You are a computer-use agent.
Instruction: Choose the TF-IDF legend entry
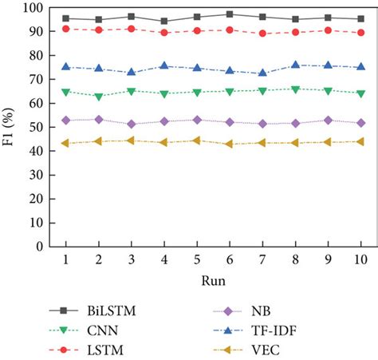pyautogui.click(x=270, y=330)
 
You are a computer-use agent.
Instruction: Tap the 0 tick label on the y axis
pyautogui.click(x=39, y=247)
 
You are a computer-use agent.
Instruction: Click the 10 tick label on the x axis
pyautogui.click(x=360, y=260)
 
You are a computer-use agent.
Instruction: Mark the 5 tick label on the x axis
pyautogui.click(x=196, y=260)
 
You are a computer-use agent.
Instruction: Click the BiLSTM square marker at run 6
pyautogui.click(x=230, y=14)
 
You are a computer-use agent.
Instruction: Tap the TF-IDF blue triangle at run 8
pyautogui.click(x=295, y=65)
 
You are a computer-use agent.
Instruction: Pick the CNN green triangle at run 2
pyautogui.click(x=98, y=97)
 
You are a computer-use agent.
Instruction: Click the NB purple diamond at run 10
pyautogui.click(x=360, y=123)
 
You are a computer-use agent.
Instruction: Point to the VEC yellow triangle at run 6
pyautogui.click(x=230, y=144)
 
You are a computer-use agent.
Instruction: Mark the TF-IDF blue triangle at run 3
pyautogui.click(x=131, y=73)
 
